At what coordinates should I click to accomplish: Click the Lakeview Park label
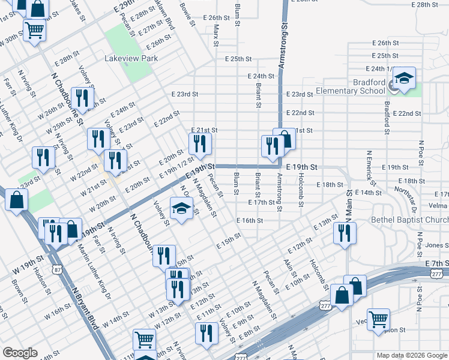click(x=131, y=59)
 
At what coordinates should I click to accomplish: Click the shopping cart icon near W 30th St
click(x=35, y=29)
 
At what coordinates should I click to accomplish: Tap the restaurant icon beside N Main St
click(x=345, y=233)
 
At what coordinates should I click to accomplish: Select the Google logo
click(x=20, y=353)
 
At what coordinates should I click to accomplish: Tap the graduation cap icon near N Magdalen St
click(x=180, y=208)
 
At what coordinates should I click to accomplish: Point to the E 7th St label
click(x=436, y=264)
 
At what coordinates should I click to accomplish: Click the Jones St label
click(x=437, y=245)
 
